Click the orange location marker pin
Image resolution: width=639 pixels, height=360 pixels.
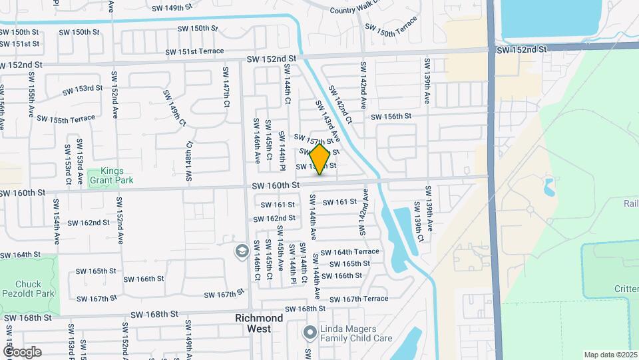point(320,159)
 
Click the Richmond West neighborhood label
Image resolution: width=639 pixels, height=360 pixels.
point(259,323)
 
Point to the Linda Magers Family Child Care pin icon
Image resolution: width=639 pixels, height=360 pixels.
point(310,331)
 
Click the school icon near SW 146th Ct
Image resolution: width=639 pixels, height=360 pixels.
point(241,251)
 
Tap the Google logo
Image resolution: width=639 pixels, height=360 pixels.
point(21,352)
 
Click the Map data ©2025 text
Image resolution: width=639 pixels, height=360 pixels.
point(610,355)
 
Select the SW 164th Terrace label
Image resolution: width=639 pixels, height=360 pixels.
point(349,252)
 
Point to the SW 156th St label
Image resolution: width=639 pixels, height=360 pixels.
point(391,117)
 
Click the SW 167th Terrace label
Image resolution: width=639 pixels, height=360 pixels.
point(357,299)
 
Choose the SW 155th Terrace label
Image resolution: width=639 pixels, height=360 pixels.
point(66,119)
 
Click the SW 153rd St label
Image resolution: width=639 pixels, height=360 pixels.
point(83,89)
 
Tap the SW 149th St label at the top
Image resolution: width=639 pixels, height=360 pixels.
point(176,8)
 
